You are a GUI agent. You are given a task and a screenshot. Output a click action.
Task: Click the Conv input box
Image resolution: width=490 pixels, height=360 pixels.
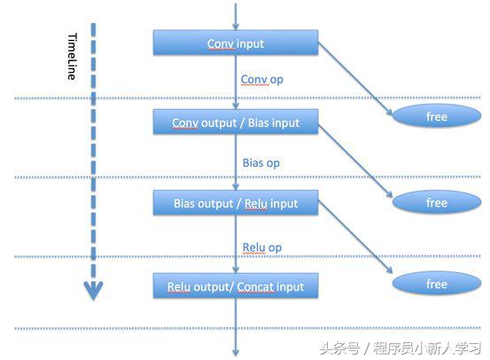[x=236, y=43]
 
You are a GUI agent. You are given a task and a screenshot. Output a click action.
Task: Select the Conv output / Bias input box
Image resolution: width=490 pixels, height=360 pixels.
[x=236, y=123]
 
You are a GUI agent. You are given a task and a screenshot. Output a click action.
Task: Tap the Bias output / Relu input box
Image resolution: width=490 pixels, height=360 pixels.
[x=236, y=204]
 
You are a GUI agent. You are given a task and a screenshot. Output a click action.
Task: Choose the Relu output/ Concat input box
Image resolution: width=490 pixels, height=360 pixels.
[x=236, y=286]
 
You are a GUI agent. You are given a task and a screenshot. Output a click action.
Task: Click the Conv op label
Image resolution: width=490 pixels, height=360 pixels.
[x=261, y=80]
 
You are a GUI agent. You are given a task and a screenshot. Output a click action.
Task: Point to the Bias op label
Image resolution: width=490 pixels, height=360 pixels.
[x=261, y=163]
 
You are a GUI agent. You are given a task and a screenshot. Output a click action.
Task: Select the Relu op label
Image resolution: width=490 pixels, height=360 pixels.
[x=261, y=246]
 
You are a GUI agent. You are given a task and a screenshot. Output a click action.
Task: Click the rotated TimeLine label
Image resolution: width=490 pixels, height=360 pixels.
[x=73, y=58]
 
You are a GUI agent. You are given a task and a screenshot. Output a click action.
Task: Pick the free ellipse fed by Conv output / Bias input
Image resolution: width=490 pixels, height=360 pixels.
[x=437, y=203]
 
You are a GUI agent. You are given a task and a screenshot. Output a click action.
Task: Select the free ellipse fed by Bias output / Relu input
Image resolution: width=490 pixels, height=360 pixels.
[x=437, y=284]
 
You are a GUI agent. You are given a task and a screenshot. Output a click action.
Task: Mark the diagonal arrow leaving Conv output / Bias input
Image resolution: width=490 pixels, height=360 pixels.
[x=354, y=161]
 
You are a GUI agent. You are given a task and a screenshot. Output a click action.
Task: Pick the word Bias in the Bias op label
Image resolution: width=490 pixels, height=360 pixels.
[x=253, y=163]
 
